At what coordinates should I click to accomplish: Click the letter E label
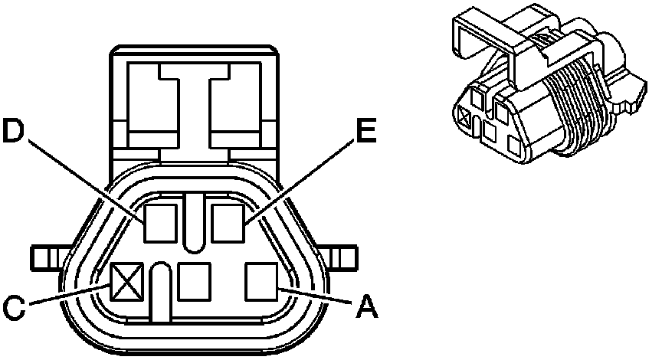click(365, 132)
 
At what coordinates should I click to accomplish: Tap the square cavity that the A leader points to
click(261, 280)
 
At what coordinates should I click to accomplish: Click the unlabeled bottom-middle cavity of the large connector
click(194, 280)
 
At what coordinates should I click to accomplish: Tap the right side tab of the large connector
click(342, 257)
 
